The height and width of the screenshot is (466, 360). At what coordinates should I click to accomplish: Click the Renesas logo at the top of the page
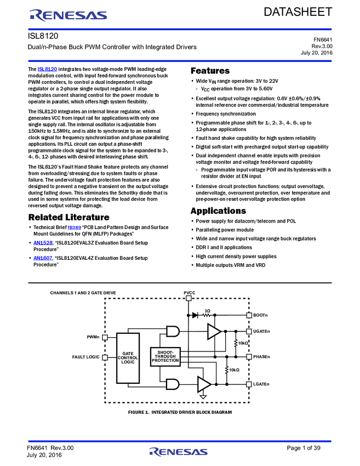coord(68,15)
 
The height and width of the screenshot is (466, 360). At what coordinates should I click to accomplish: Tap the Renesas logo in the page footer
coord(178,452)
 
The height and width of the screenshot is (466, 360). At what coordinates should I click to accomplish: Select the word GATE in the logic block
coord(128,354)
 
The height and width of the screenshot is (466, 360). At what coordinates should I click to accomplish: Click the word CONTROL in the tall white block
coord(128,358)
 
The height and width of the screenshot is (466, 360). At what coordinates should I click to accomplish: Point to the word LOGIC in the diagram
coord(128,362)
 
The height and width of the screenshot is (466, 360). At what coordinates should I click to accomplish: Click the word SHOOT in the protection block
coord(165,352)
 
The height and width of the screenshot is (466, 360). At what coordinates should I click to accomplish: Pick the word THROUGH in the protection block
coord(165,356)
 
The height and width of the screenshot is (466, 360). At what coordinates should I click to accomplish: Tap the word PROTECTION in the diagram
coord(165,361)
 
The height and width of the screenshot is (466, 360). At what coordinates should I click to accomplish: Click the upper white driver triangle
coord(213,332)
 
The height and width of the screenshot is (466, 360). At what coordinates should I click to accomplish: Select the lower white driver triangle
coord(203,384)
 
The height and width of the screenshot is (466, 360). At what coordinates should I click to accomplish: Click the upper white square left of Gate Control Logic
coord(105,338)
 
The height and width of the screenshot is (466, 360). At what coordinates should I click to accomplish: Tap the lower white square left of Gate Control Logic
coord(105,357)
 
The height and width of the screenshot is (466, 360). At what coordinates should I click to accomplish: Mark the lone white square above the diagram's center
coord(188,298)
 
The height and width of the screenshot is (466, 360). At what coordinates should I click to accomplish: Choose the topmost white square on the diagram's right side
coord(249,315)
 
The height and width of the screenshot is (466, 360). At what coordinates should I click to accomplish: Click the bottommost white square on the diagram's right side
coord(249,384)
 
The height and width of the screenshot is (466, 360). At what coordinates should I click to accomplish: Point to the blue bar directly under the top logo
coord(180,30)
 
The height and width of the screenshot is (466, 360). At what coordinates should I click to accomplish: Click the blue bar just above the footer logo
coord(180,441)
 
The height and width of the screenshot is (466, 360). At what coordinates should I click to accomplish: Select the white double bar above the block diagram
coord(180,283)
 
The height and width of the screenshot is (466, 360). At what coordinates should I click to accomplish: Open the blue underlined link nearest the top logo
coord(47,70)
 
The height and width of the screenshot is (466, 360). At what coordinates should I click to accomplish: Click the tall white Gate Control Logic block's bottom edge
coord(128,382)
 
